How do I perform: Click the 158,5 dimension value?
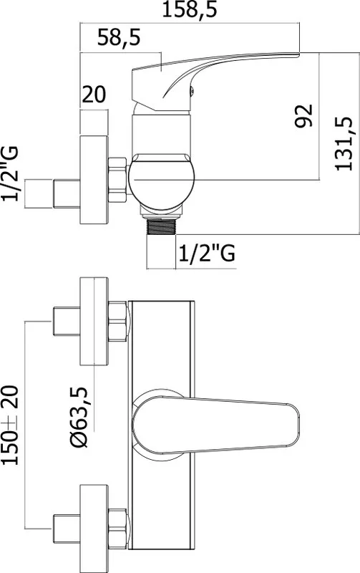(x=189, y=9)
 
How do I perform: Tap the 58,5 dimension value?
(x=119, y=37)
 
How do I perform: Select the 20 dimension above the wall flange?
(x=94, y=95)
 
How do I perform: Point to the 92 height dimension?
(x=303, y=116)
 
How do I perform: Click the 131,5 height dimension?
(x=344, y=143)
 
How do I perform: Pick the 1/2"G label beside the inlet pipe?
(x=10, y=173)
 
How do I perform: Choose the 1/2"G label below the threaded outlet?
(x=207, y=253)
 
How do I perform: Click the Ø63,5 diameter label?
(x=79, y=417)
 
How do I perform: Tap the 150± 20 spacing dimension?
(x=10, y=425)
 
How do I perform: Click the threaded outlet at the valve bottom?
(x=161, y=226)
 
